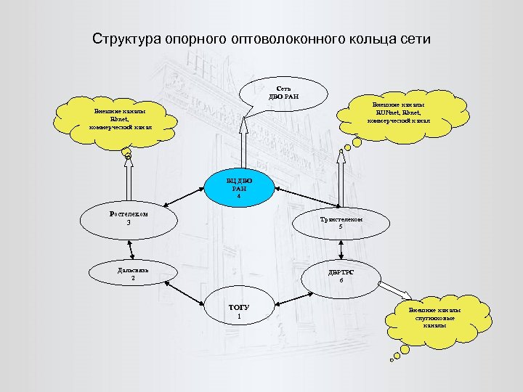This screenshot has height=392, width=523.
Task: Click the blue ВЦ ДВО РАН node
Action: pyautogui.click(x=237, y=188)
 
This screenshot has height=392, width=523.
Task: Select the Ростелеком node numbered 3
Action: pyautogui.click(x=129, y=219)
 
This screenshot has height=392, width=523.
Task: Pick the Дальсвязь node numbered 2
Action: pyautogui.click(x=133, y=274)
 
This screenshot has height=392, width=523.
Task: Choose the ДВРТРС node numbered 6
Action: pyautogui.click(x=341, y=277)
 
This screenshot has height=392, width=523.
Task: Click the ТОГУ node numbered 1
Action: pyautogui.click(x=239, y=311)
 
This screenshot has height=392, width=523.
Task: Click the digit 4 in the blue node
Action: pyautogui.click(x=238, y=197)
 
